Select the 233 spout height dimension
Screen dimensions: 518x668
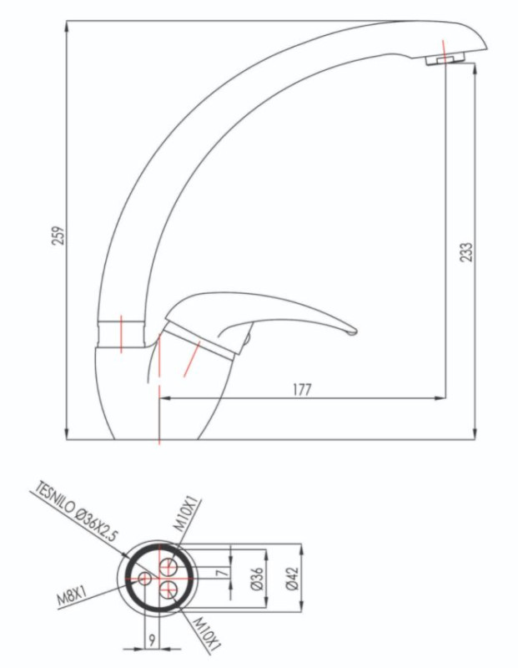[x=466, y=252]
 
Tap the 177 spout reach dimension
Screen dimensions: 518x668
[x=302, y=389]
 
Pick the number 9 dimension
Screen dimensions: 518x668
[x=152, y=638]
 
